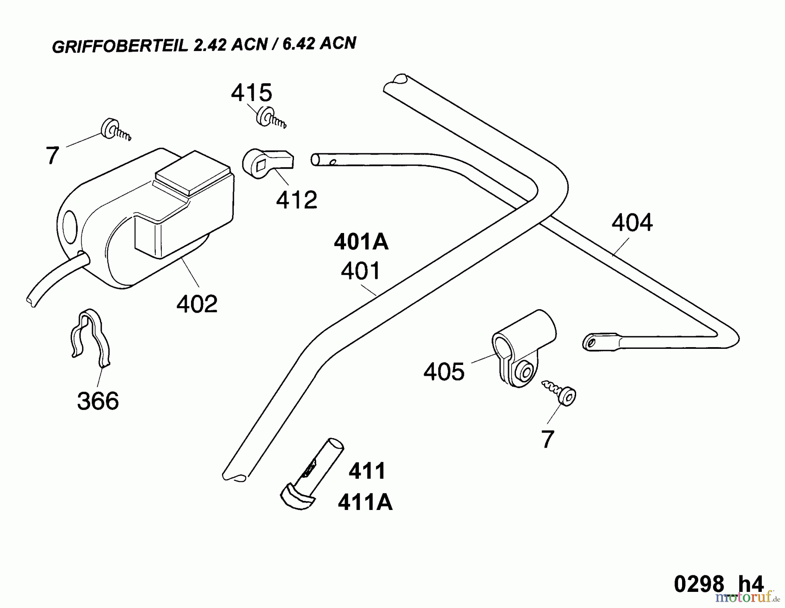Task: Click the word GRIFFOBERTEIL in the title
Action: (120, 46)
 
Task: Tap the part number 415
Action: (252, 93)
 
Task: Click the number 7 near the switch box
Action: (52, 155)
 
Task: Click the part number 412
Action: (297, 200)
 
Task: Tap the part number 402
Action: (197, 304)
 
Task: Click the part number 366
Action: (98, 401)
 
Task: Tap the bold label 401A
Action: (361, 242)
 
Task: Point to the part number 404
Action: (632, 223)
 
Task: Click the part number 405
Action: (444, 372)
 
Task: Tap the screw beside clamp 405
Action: (560, 392)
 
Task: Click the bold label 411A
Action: (365, 503)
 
